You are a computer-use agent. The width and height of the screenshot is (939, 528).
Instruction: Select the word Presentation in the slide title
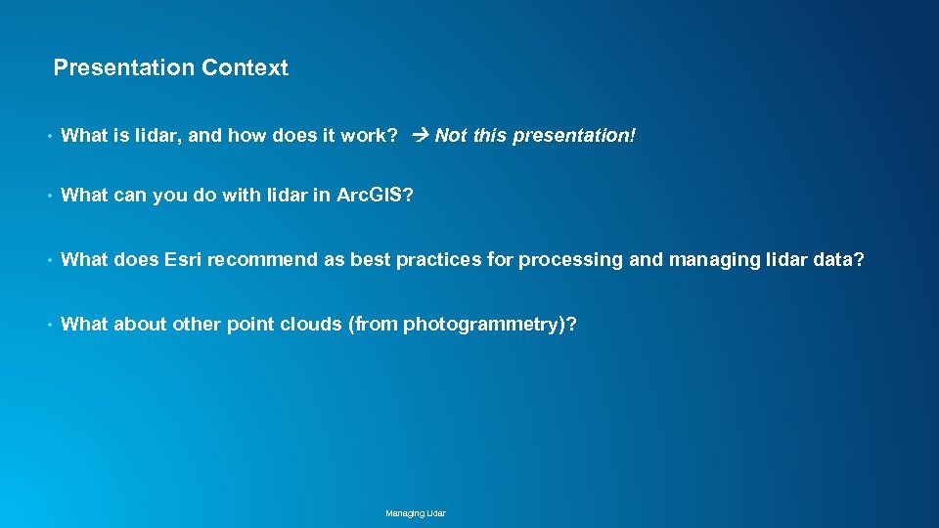point(124,68)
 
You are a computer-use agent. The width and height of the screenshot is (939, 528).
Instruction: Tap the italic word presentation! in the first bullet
point(574,136)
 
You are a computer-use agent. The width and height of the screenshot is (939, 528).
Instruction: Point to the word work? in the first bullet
point(369,136)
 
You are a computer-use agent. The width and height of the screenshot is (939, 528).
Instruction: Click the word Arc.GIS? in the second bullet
point(375,196)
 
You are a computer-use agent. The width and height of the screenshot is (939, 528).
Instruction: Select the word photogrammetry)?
point(489,325)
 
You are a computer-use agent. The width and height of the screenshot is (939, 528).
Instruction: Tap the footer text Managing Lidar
point(416,513)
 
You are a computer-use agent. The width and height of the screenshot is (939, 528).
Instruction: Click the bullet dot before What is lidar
point(47,137)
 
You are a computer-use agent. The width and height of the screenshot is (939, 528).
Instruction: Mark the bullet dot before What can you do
point(47,197)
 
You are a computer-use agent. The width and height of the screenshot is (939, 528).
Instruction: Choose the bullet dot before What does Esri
point(47,261)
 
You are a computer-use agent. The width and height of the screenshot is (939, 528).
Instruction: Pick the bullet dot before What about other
point(47,326)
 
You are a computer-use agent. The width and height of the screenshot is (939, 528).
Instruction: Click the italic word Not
point(451,136)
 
